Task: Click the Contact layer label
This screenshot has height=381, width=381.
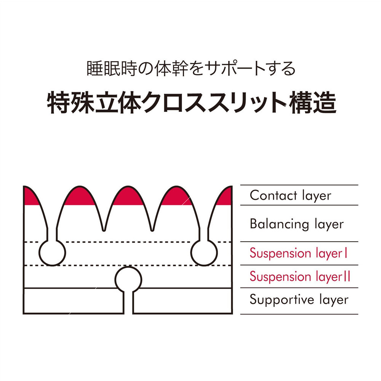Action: [x=290, y=195]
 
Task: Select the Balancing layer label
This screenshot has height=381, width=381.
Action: [x=296, y=224]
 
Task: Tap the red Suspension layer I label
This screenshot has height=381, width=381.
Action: [x=298, y=253]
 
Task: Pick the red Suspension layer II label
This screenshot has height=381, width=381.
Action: [x=300, y=277]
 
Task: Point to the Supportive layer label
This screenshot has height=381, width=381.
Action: [x=299, y=299]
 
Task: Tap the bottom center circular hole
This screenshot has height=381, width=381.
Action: [x=128, y=279]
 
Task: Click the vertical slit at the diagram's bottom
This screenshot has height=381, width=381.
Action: [x=128, y=303]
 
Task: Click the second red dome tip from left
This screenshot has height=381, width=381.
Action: [x=80, y=196]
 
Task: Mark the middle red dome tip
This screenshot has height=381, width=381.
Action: [x=128, y=196]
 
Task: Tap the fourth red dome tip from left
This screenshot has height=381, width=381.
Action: [x=176, y=196]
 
